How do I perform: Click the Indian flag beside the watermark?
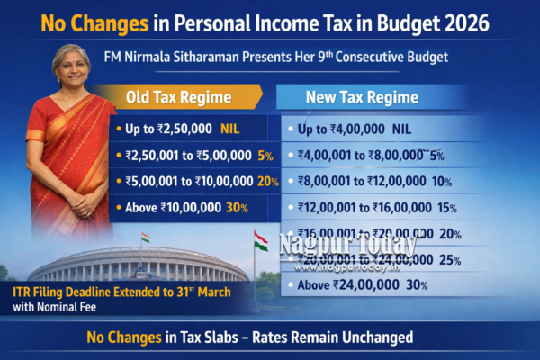[260, 241]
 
